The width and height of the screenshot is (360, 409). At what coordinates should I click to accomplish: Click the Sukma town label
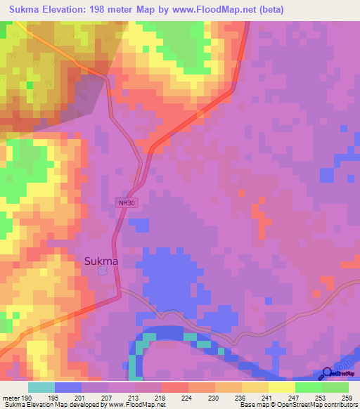(101, 261)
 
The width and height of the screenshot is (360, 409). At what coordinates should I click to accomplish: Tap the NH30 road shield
(127, 203)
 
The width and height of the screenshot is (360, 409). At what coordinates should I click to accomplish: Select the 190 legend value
(26, 398)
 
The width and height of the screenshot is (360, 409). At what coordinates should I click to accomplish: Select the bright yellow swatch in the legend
(281, 387)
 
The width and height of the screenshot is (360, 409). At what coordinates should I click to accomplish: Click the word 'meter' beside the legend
(11, 398)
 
